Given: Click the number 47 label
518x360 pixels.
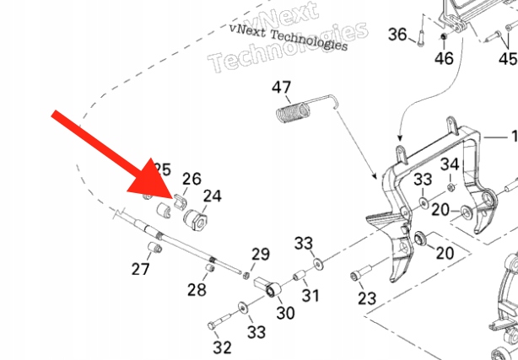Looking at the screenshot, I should pyautogui.click(x=281, y=88).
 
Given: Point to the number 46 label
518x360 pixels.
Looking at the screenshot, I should pyautogui.click(x=443, y=59).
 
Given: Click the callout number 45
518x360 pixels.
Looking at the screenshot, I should pyautogui.click(x=507, y=59).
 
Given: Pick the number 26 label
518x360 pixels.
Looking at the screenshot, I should pyautogui.click(x=192, y=178).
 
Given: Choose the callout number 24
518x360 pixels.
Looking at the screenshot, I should pyautogui.click(x=212, y=196).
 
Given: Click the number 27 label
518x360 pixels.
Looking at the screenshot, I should pyautogui.click(x=140, y=269).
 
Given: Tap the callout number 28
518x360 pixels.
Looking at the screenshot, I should pyautogui.click(x=197, y=290).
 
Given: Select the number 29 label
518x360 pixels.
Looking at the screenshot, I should pyautogui.click(x=261, y=254).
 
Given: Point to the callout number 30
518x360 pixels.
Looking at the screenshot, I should pyautogui.click(x=285, y=313).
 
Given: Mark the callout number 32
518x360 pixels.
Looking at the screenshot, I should pyautogui.click(x=222, y=347).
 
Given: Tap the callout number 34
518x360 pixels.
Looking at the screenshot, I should pyautogui.click(x=451, y=164).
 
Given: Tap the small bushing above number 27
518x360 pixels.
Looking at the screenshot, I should pyautogui.click(x=153, y=248).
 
